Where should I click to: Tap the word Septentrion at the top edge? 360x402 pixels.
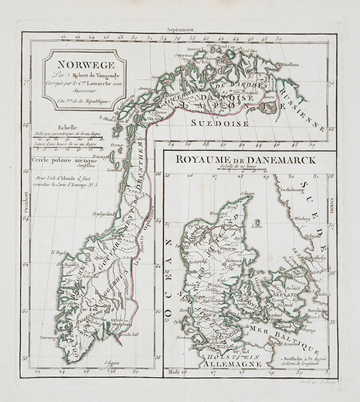(180, 29)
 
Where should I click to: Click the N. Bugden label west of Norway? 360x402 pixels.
(61, 253)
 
